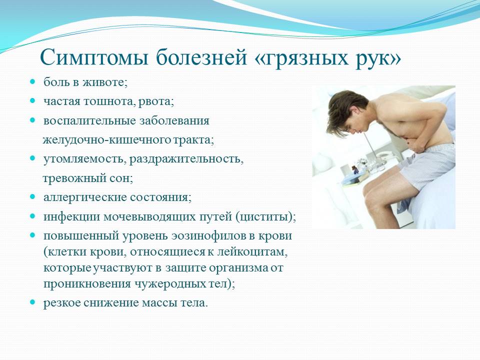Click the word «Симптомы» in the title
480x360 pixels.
pyautogui.click(x=94, y=57)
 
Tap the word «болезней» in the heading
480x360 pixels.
pyautogui.click(x=201, y=57)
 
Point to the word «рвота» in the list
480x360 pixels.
pyautogui.click(x=155, y=101)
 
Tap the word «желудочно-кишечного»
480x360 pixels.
pyautogui.click(x=107, y=140)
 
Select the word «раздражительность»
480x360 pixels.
pyautogui.click(x=186, y=159)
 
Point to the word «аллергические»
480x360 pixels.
pyautogui.click(x=85, y=197)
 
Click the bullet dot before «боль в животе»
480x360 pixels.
pyautogui.click(x=33, y=82)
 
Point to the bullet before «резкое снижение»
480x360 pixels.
pyautogui.click(x=33, y=302)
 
